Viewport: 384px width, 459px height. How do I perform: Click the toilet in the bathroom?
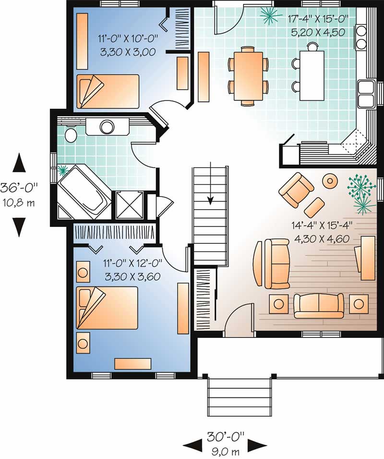click(71, 135)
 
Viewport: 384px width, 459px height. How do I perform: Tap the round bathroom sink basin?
click(106, 127)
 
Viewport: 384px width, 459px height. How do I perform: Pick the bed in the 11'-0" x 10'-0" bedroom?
click(108, 91)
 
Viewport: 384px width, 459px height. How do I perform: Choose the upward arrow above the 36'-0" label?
click(19, 163)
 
